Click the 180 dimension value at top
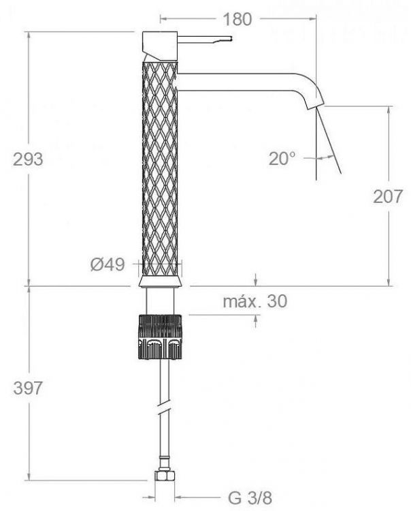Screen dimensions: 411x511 (237, 20)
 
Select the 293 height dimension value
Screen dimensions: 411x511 (28, 159)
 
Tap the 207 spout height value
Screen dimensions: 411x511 (388, 196)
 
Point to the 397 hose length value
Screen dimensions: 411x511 (28, 388)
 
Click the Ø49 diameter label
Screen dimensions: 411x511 (108, 264)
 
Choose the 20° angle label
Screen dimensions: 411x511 (282, 159)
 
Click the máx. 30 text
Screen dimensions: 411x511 (255, 301)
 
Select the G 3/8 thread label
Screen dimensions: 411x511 (250, 497)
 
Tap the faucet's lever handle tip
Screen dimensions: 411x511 (231, 38)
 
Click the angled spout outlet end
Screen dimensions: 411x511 (315, 106)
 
